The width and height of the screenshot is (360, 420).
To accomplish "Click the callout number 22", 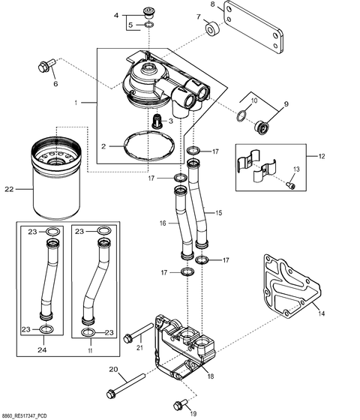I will (x=9, y=189).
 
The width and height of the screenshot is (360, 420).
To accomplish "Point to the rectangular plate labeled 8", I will (x=255, y=31).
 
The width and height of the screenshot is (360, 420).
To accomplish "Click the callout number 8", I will (x=212, y=4).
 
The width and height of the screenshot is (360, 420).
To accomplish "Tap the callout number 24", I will (x=43, y=349).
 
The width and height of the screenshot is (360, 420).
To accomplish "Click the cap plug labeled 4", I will (x=147, y=12).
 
